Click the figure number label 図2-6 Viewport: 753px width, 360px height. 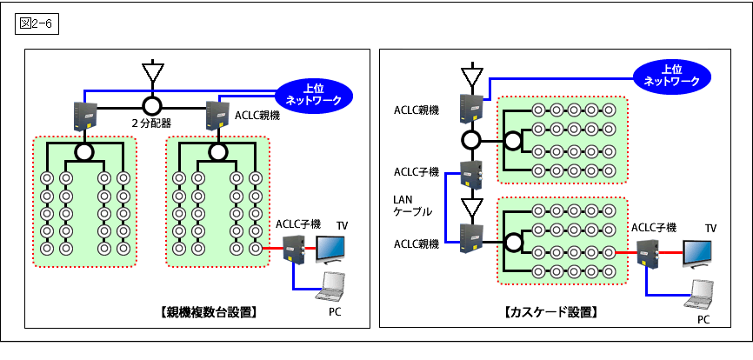tap(37, 23)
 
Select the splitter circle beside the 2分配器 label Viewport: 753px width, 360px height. tap(153, 105)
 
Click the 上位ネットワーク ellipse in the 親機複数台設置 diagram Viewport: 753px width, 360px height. tap(314, 94)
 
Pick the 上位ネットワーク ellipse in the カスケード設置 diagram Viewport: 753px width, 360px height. tap(671, 75)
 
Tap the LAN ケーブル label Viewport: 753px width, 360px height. tap(410, 206)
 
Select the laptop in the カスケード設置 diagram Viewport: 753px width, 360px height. tap(700, 297)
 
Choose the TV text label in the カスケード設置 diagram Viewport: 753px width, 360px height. tap(710, 229)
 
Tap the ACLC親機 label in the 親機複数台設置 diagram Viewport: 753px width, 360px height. tap(257, 114)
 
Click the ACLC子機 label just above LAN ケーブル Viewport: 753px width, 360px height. tap(416, 171)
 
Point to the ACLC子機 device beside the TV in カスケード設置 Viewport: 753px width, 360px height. tap(647, 253)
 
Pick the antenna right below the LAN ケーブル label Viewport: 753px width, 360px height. tap(470, 209)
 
